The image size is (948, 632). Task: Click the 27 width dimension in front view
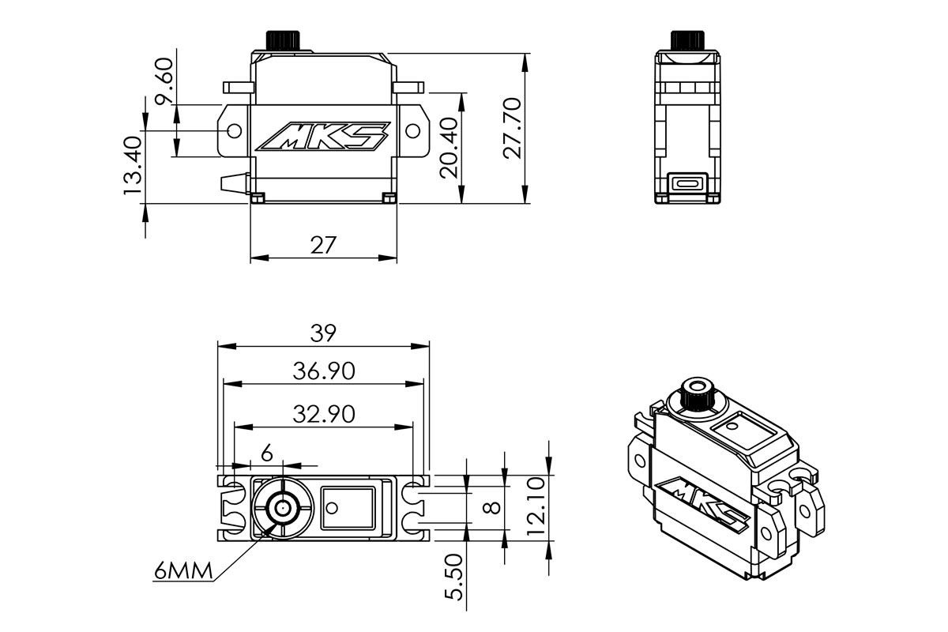click(322, 245)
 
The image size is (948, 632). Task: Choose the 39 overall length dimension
click(322, 333)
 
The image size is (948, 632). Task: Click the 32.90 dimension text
click(322, 413)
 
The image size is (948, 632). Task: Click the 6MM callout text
click(182, 571)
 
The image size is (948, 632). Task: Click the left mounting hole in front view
click(234, 130)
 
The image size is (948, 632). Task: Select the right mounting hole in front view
click(412, 130)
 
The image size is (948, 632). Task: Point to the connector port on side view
click(687, 183)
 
